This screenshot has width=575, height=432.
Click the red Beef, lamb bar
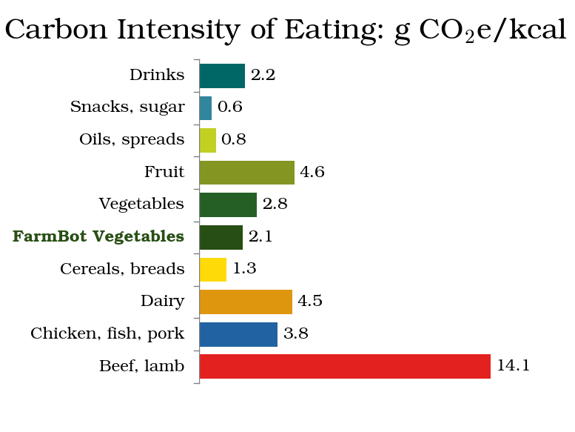(x=345, y=366)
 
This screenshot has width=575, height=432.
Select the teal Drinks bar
(x=222, y=76)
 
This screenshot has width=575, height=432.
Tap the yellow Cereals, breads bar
(x=213, y=269)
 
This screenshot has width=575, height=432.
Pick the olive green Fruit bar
(x=246, y=173)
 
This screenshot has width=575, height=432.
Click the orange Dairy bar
(x=246, y=302)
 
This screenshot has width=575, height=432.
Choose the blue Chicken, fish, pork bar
(x=238, y=334)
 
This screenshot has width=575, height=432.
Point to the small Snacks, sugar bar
(x=206, y=108)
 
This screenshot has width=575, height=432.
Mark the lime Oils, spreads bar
(x=208, y=140)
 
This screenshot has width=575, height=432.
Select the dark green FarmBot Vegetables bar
(x=221, y=237)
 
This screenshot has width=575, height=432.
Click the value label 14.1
(x=513, y=366)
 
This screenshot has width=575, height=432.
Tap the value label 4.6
(x=312, y=173)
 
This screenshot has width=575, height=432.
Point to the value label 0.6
(x=230, y=107)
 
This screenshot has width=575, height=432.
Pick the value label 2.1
(x=260, y=237)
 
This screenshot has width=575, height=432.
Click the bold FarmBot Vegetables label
(x=98, y=237)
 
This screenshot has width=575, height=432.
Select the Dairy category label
(x=162, y=302)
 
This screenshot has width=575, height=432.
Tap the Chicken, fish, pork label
(x=107, y=334)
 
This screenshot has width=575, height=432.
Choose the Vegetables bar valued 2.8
(x=228, y=205)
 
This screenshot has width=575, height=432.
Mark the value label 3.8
(x=295, y=334)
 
